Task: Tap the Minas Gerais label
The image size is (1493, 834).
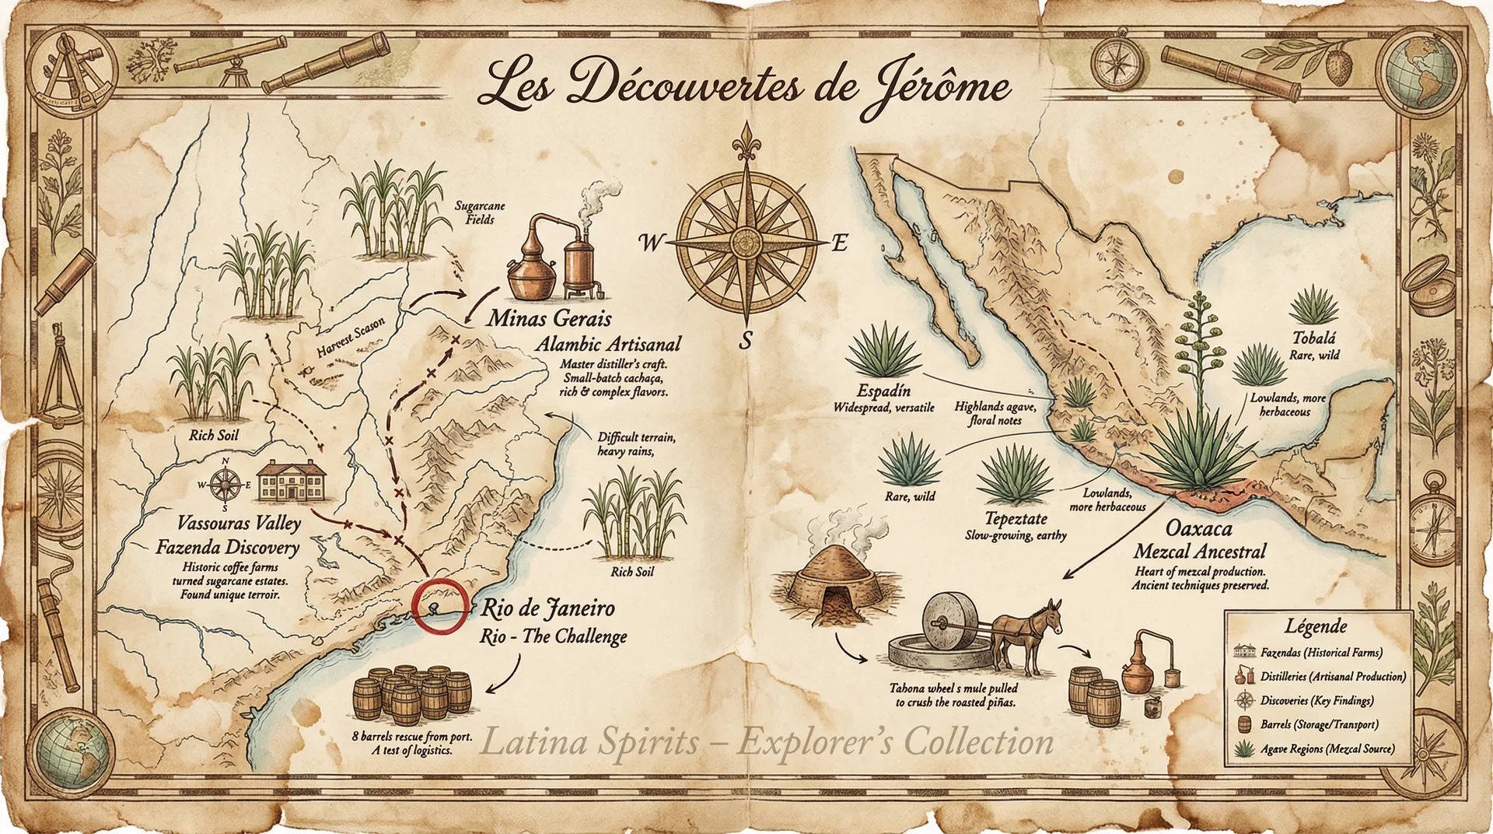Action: [549, 318]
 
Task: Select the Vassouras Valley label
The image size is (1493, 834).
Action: [238, 523]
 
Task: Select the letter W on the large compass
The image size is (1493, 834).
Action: [649, 244]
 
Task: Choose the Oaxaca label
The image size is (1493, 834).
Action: [1198, 528]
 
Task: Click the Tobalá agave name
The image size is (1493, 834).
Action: [1314, 338]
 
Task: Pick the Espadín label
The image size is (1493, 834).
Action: [883, 391]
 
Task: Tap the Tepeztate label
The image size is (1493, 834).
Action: [1016, 519]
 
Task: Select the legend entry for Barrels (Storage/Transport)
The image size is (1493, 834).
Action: [1319, 724]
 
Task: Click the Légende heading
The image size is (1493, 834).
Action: [1316, 625]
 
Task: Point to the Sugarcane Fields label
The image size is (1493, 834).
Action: [480, 212]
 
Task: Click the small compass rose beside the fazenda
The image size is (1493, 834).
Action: [225, 485]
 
